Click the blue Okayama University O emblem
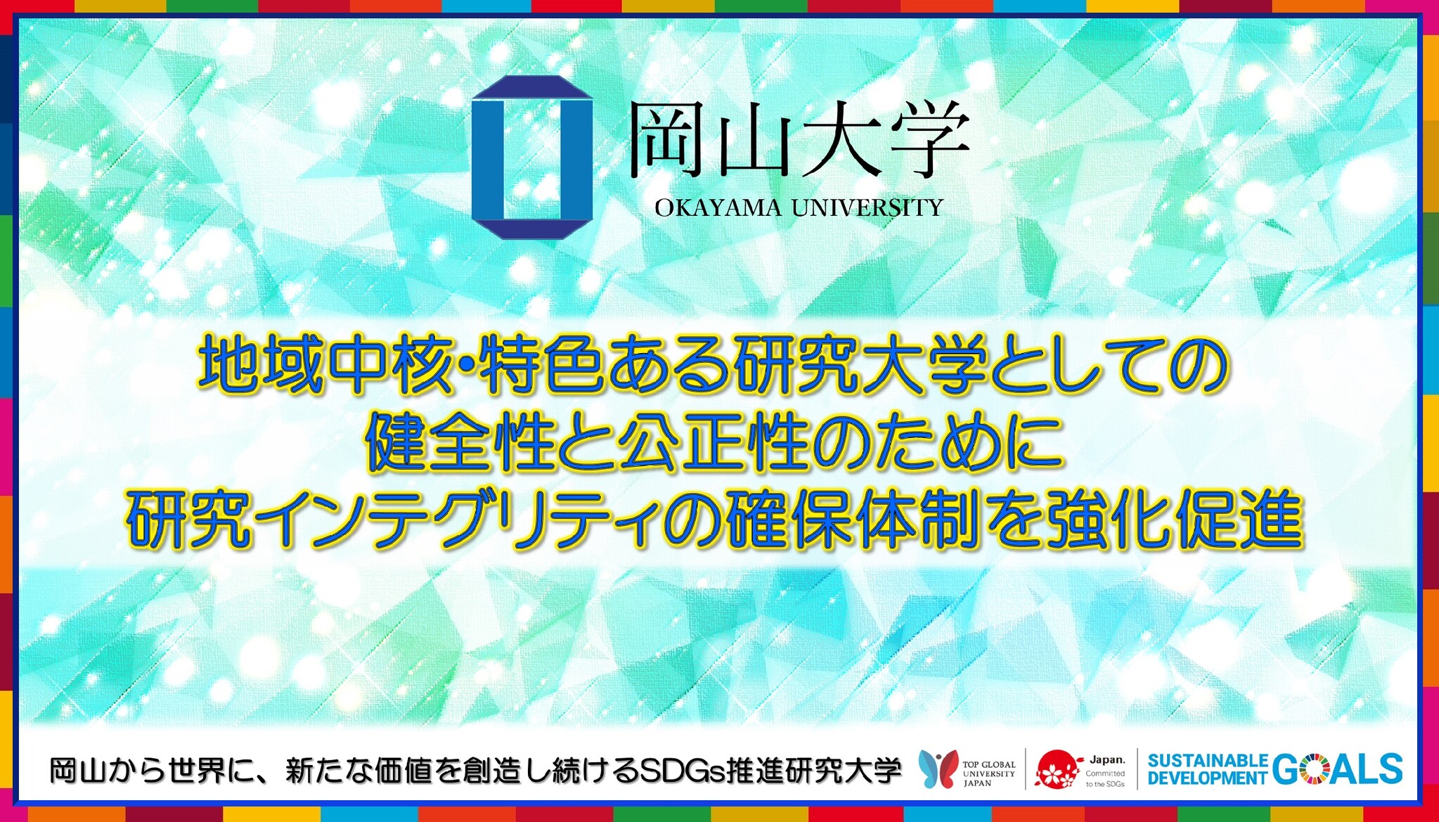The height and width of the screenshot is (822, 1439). pyautogui.click(x=532, y=158)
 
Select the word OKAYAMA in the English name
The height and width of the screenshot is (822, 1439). pyautogui.click(x=718, y=208)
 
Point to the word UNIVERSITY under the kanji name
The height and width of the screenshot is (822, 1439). pyautogui.click(x=867, y=208)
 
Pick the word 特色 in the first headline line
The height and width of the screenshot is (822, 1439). pyautogui.click(x=541, y=366)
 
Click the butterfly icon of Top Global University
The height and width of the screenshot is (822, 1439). pyautogui.click(x=938, y=769)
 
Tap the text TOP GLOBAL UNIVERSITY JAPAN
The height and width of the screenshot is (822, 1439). pyautogui.click(x=989, y=773)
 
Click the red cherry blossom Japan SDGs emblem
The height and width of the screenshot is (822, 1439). pyautogui.click(x=1058, y=769)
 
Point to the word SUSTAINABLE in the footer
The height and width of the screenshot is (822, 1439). pyautogui.click(x=1208, y=761)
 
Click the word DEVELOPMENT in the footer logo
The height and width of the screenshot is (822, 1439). pyautogui.click(x=1208, y=778)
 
